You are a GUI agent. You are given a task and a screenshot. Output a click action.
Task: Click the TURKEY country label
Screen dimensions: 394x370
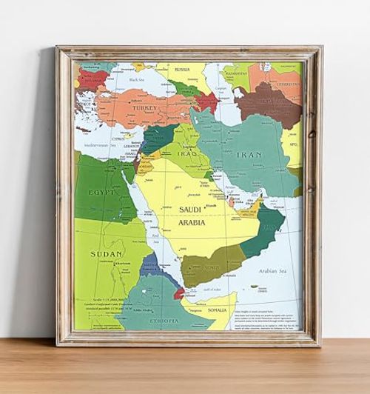144,108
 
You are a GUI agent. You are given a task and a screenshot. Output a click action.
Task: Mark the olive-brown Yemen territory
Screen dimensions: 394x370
211,263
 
